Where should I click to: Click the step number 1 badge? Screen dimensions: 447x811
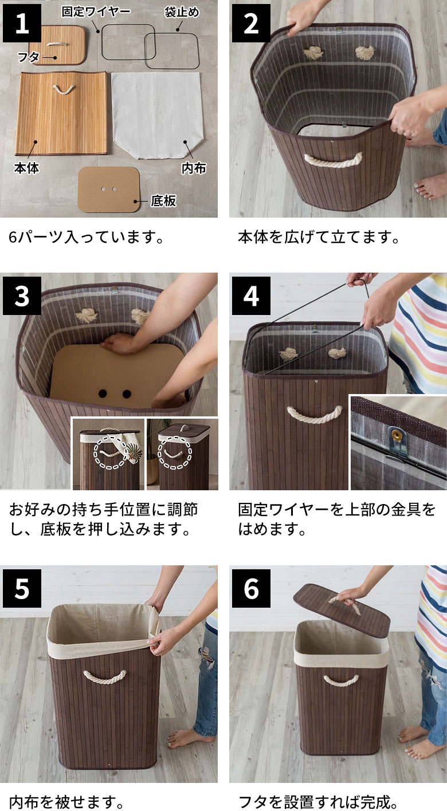[22, 23]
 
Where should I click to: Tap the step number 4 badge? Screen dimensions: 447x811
[251, 296]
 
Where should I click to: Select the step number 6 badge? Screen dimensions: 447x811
[251, 588]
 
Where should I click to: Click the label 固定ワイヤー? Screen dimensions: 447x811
[96, 11]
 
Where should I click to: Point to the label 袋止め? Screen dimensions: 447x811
[182, 12]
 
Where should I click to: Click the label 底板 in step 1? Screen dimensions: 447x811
[163, 200]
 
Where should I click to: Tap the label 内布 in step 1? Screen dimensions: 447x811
[194, 168]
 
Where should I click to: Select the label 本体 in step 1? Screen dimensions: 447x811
[26, 168]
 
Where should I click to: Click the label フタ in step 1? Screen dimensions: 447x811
[29, 57]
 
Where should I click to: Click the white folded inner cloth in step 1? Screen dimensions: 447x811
[157, 115]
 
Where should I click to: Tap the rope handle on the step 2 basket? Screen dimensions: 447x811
[334, 160]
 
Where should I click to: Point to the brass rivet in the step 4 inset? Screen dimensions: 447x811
[396, 434]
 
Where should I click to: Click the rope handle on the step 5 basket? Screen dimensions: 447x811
[105, 676]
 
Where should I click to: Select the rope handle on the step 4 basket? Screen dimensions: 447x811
[315, 414]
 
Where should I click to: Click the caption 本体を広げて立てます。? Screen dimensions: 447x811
[319, 237]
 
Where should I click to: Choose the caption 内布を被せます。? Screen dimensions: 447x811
[66, 801]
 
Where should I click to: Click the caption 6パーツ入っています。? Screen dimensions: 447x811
[86, 237]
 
